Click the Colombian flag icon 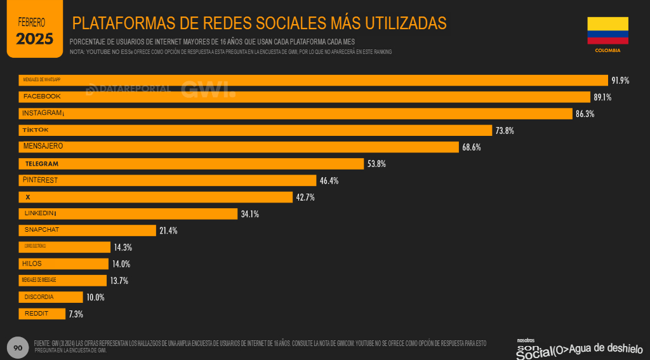coord(607,30)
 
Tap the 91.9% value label coord(620,80)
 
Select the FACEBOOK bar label coord(42,97)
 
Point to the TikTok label coord(36,130)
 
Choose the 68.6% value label coord(472,147)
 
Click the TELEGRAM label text coord(42,164)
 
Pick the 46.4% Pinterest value coord(329,181)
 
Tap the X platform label coord(28,197)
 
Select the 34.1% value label coord(249,214)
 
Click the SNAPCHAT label coord(42,230)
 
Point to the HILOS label coord(32,263)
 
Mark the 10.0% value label coord(95,297)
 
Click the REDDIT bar coord(42,314)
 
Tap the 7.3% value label coord(76,314)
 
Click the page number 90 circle coord(18,348)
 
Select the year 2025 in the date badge coord(34,39)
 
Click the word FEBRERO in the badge coord(32,22)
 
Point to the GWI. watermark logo coord(208,90)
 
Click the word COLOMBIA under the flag coord(607,50)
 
